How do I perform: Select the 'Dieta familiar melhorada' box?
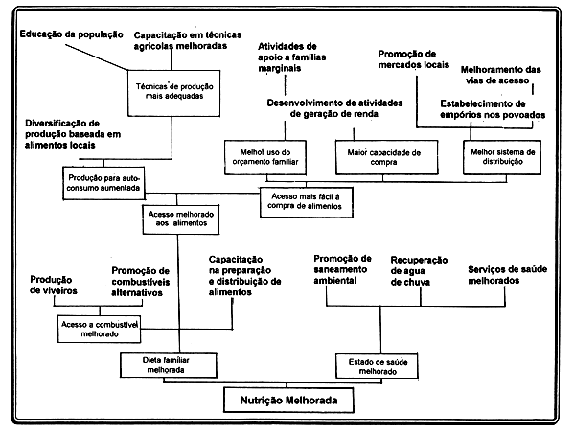[x=162, y=364]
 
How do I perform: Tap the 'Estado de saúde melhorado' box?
[x=377, y=364]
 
